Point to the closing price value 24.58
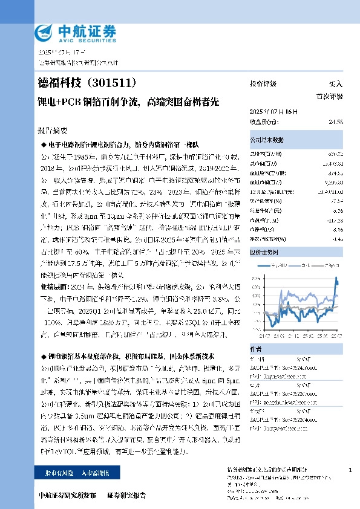(x=336, y=122)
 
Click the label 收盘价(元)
(x=262, y=122)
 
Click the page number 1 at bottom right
(x=350, y=470)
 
